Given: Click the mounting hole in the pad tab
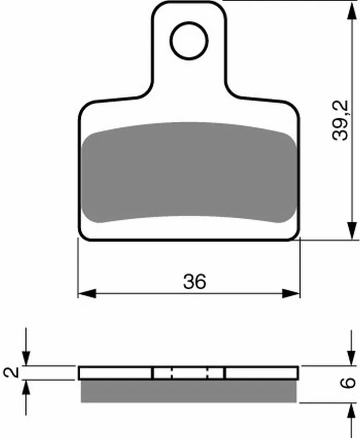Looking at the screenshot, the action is click(189, 41).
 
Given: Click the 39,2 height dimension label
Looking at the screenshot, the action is click(340, 121).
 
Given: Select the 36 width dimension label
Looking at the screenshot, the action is click(195, 281).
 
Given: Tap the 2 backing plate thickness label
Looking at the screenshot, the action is click(11, 372).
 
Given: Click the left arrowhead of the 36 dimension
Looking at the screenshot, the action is click(87, 293).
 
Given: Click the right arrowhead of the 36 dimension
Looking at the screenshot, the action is click(291, 293).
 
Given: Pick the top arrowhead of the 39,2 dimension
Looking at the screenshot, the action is click(352, 11).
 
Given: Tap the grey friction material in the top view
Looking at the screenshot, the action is click(189, 172).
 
